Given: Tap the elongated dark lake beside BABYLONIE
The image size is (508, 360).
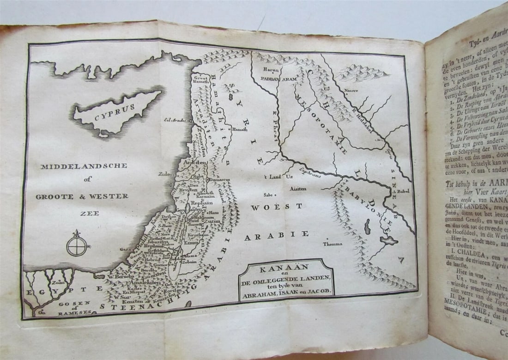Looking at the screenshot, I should pyautogui.click(x=368, y=227).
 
